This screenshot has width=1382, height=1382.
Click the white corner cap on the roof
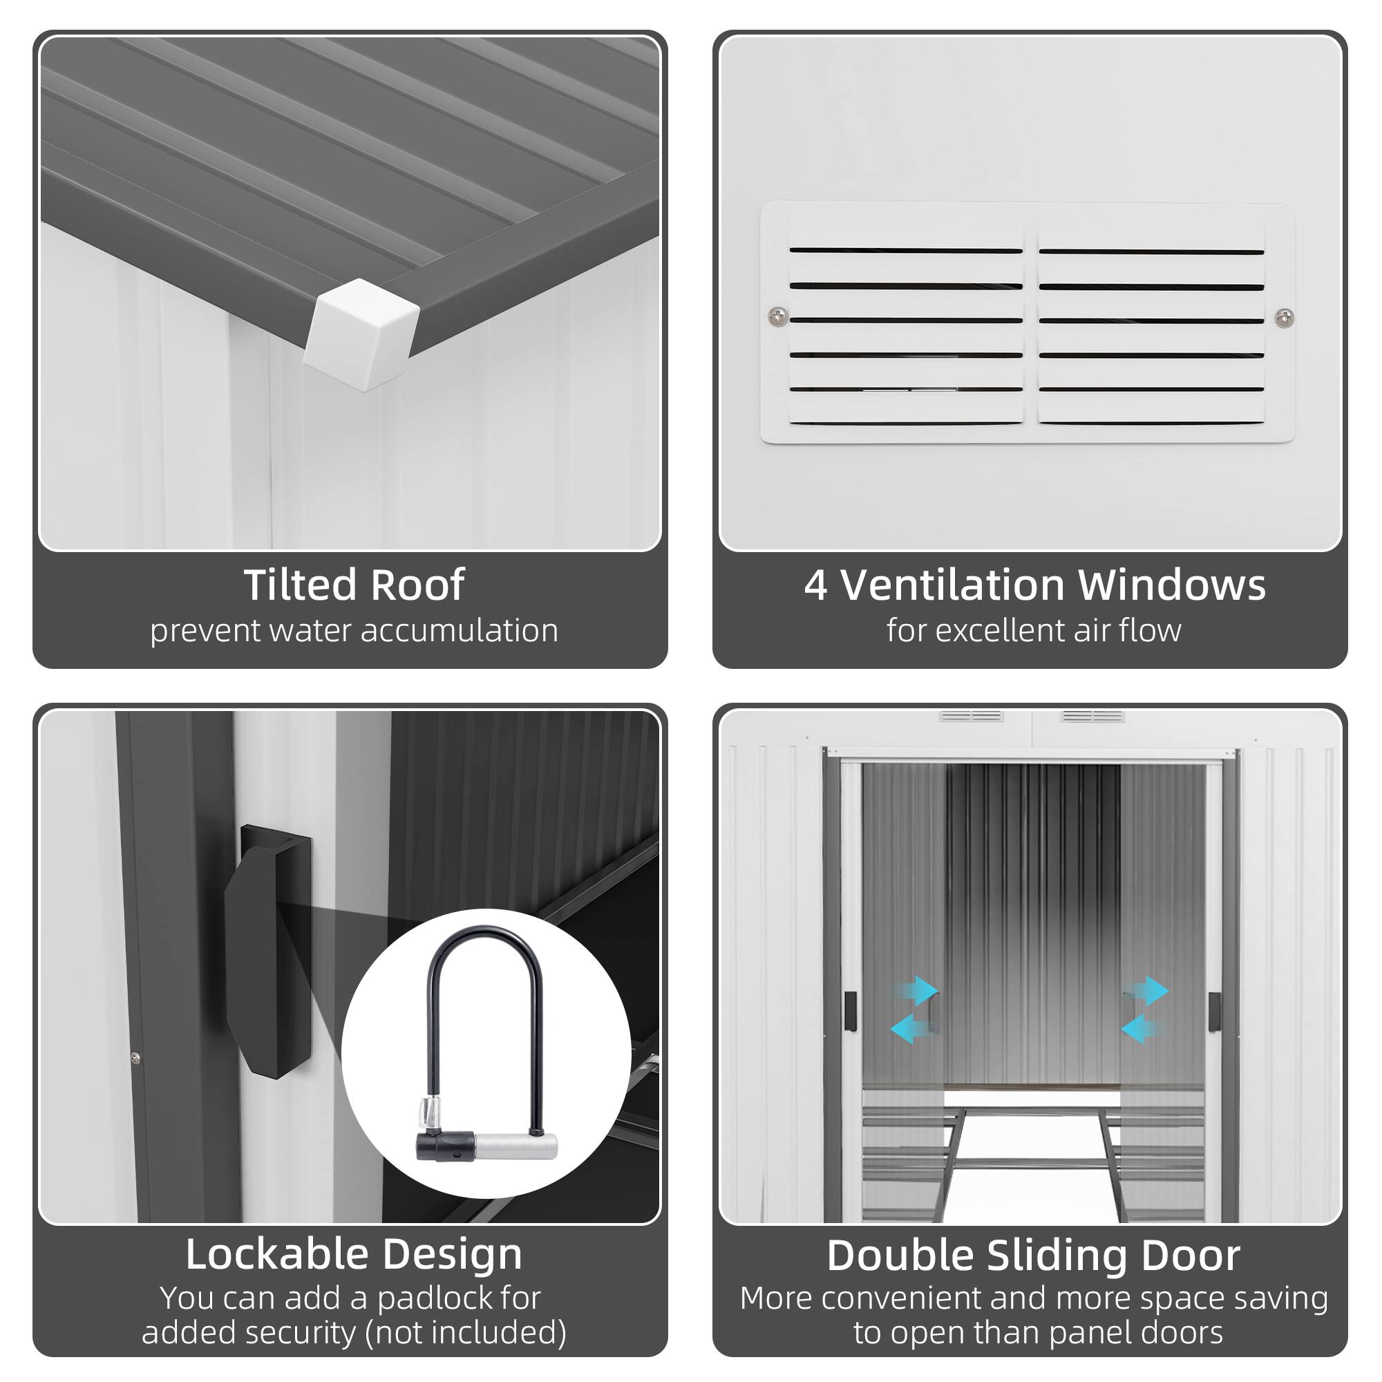361,334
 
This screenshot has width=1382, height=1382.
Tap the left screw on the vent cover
778,316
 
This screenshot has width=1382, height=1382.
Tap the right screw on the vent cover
1284,317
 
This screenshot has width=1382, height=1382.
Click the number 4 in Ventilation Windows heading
815,585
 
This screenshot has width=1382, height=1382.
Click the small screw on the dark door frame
136,1058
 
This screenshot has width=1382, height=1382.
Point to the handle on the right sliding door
1213,1012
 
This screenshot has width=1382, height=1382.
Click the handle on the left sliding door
850,1012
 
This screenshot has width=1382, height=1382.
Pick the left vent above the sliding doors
971,716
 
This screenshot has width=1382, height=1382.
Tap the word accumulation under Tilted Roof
459,631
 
